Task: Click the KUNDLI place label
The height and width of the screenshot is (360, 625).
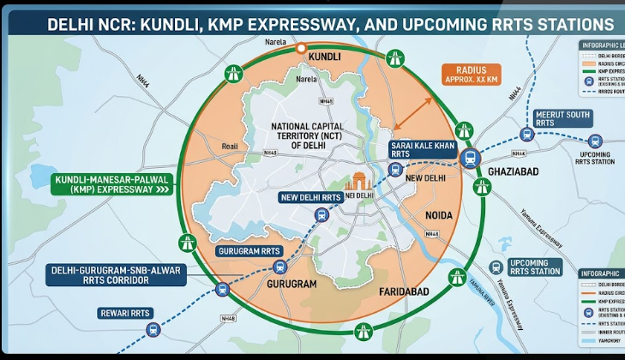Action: [323, 57]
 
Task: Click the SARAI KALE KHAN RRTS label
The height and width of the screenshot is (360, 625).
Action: [419, 150]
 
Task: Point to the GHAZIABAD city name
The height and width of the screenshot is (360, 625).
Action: [513, 171]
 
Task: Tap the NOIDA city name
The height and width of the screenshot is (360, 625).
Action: [444, 215]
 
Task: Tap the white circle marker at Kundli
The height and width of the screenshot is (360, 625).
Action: [300, 50]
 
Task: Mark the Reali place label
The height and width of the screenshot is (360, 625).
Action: [230, 147]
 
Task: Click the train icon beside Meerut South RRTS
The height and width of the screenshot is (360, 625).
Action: [526, 133]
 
